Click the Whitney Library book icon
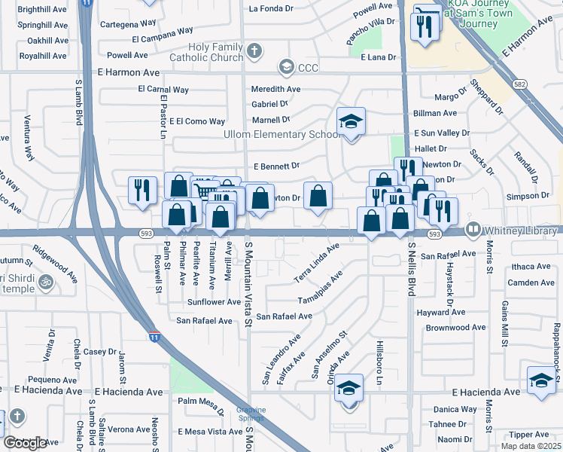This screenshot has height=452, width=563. pyautogui.click(x=473, y=228)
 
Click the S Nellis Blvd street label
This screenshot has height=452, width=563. pyautogui.click(x=411, y=268)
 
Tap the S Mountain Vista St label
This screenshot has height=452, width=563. pyautogui.click(x=248, y=285)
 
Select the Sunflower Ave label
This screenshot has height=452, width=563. pyautogui.click(x=214, y=302)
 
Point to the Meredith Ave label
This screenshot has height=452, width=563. pyautogui.click(x=275, y=89)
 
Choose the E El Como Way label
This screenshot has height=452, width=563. pyautogui.click(x=197, y=121)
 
